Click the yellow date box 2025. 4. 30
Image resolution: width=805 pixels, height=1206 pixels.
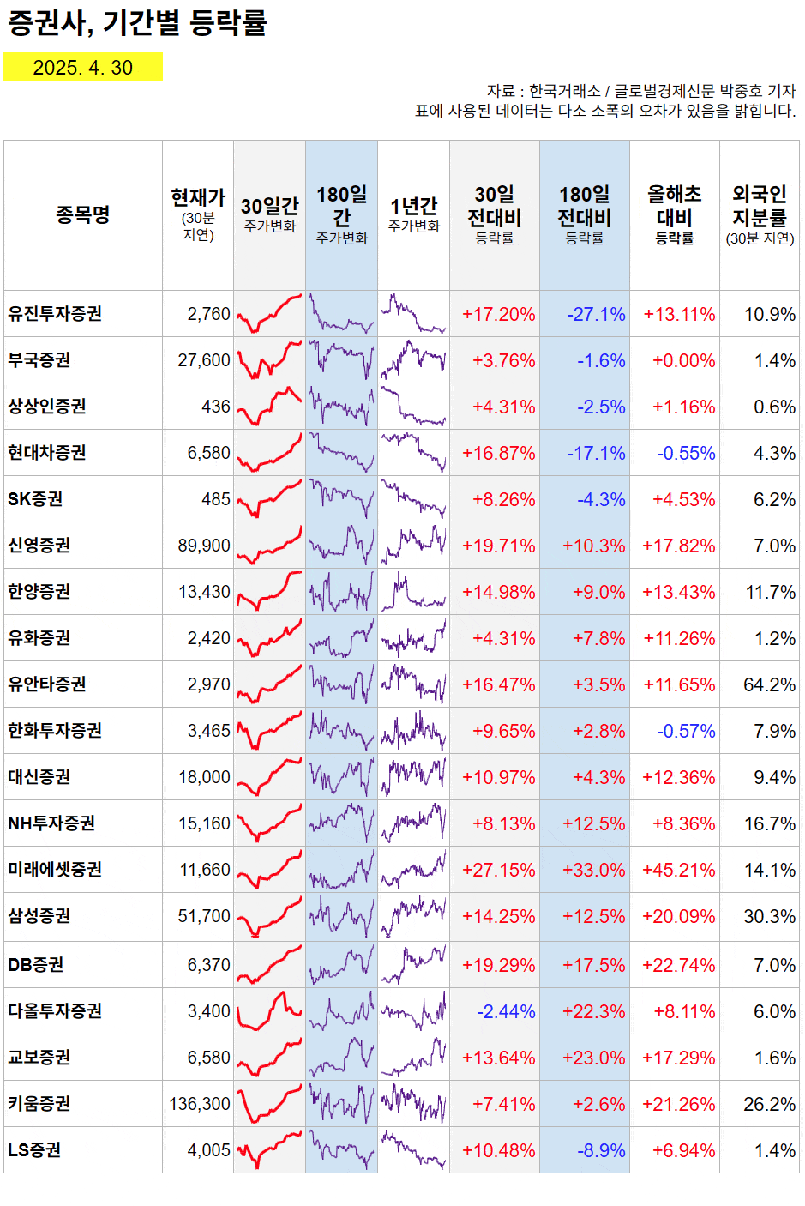pyautogui.click(x=83, y=68)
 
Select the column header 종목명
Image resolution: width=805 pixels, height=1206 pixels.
pyautogui.click(x=83, y=214)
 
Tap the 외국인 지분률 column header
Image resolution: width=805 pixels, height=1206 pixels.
pyautogui.click(x=760, y=214)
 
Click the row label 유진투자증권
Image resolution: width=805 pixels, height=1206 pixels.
pyautogui.click(x=55, y=314)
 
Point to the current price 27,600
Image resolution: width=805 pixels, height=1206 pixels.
pyautogui.click(x=204, y=360)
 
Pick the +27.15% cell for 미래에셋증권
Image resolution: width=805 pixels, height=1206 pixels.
pyautogui.click(x=498, y=870)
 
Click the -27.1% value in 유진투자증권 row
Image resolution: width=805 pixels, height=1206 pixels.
pyautogui.click(x=596, y=314)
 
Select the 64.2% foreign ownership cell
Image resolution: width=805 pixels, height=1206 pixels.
pyautogui.click(x=769, y=684)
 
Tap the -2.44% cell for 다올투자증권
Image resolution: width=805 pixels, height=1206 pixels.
pyautogui.click(x=506, y=1011)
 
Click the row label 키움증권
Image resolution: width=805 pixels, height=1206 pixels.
pyautogui.click(x=39, y=1104)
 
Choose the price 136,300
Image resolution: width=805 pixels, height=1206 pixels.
pyautogui.click(x=200, y=1104)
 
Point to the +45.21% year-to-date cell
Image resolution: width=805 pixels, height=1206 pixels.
pyautogui.click(x=678, y=870)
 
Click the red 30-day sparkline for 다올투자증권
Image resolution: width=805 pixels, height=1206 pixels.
pyautogui.click(x=269, y=1011)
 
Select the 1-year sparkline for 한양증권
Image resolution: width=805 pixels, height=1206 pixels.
pyautogui.click(x=413, y=592)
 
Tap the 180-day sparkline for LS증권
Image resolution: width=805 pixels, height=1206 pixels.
pyautogui.click(x=341, y=1150)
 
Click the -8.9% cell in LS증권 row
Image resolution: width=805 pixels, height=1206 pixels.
pyautogui.click(x=601, y=1150)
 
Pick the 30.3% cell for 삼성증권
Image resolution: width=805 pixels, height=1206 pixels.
pyautogui.click(x=769, y=916)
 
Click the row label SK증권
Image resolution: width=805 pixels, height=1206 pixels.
pyautogui.click(x=35, y=499)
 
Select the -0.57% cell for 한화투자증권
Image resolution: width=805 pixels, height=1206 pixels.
pyautogui.click(x=685, y=731)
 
